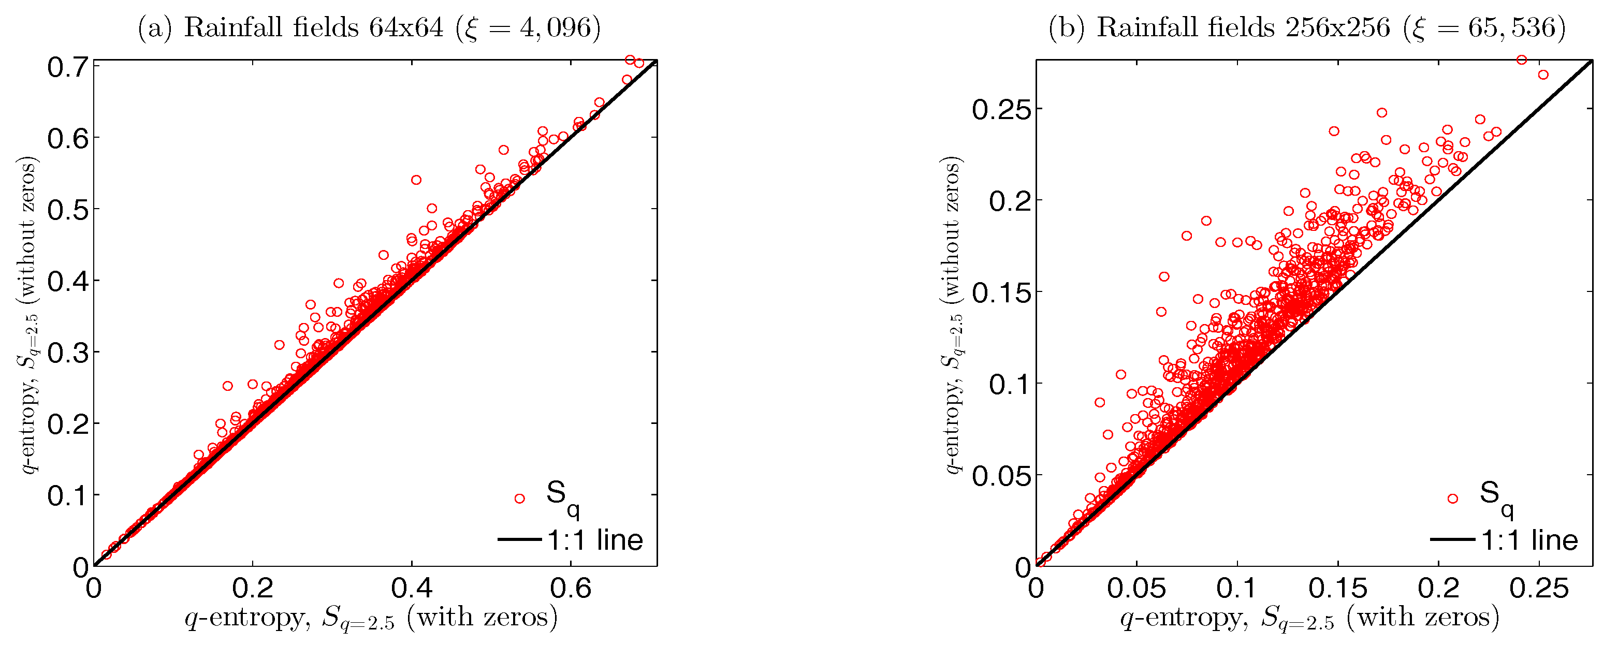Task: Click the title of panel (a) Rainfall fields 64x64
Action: point(369,27)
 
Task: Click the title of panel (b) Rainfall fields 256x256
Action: point(1307,27)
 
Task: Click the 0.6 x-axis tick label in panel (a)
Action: point(571,588)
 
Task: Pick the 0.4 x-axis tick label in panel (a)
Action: point(411,588)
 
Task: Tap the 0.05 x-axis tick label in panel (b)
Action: point(1136,588)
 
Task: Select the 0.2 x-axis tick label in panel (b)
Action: point(1438,588)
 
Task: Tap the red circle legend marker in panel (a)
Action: point(520,498)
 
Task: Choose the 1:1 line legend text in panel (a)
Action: point(595,540)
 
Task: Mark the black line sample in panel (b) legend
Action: point(1452,539)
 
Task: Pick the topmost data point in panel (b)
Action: point(1522,60)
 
